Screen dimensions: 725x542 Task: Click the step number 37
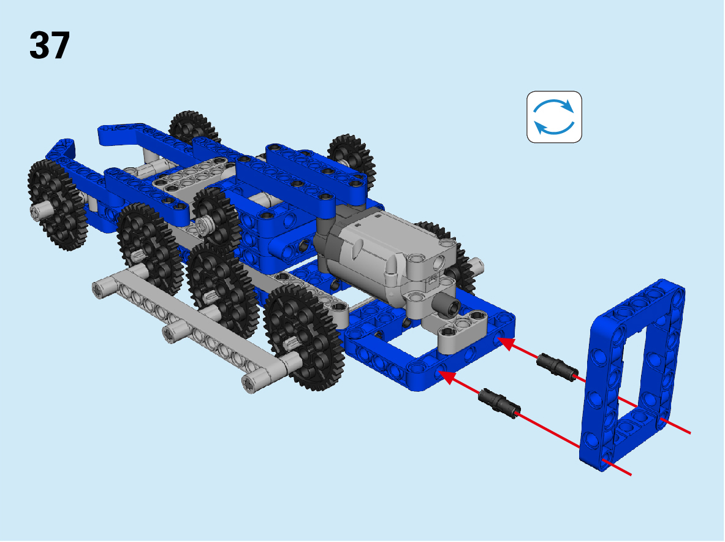(x=50, y=45)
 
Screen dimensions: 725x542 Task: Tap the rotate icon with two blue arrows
(x=554, y=117)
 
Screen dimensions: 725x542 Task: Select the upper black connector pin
(x=557, y=367)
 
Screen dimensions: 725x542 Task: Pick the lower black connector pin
(x=499, y=403)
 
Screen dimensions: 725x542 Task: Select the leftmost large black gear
(x=57, y=205)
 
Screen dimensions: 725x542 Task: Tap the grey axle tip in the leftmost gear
(x=39, y=212)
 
